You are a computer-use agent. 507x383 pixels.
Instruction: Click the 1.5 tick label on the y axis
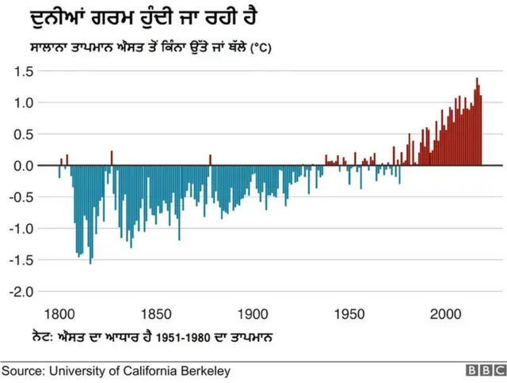point(21,71)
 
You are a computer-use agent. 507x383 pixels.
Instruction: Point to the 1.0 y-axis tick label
point(21,103)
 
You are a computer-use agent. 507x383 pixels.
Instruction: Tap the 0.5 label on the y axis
point(21,135)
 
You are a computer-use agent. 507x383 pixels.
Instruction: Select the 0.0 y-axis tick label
point(21,166)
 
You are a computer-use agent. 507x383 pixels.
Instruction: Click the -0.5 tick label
point(19,197)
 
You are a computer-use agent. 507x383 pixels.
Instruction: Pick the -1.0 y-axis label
point(19,229)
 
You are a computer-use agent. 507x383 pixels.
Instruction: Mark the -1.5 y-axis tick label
point(19,260)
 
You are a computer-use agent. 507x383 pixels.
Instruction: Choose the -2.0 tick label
point(19,292)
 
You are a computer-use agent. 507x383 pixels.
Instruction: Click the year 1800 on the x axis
point(60,313)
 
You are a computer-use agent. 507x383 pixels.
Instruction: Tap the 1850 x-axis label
point(157,313)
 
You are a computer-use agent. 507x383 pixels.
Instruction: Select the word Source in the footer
point(21,370)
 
